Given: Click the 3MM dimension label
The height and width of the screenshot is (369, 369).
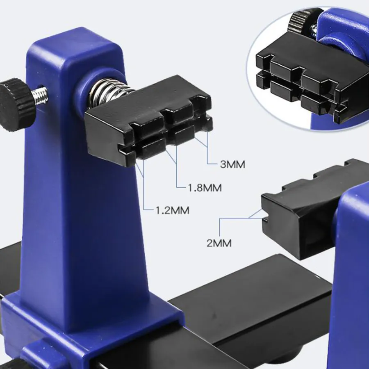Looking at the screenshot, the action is [232, 164].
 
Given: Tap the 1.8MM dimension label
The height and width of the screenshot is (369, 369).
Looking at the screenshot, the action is [205, 188].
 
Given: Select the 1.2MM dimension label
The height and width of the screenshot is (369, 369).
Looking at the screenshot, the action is [173, 210].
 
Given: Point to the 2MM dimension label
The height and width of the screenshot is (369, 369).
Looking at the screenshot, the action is [219, 243].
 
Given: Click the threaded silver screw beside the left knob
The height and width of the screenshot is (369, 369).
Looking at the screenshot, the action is [41, 96].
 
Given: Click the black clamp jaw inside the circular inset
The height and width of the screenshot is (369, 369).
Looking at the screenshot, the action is [306, 77].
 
